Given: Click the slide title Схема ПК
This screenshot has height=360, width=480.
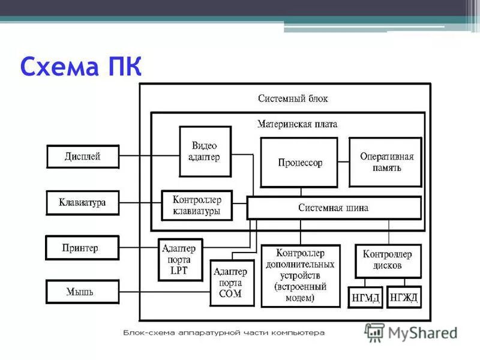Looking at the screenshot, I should click(80, 65).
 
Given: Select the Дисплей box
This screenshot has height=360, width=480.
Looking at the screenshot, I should click(83, 157).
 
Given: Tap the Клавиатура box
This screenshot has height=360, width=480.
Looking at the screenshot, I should click(83, 202).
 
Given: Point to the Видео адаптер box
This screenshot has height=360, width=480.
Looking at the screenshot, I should click(205, 151).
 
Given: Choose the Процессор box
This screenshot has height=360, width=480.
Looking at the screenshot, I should click(299, 163).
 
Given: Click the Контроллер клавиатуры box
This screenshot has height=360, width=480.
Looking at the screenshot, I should click(197, 205).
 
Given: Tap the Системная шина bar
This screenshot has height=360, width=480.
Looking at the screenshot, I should click(334, 208).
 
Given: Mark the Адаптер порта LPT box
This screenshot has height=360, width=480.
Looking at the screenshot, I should click(181, 260).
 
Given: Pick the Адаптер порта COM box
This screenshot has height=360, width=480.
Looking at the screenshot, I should click(232, 283).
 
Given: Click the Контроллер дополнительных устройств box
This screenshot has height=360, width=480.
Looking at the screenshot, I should click(301, 275).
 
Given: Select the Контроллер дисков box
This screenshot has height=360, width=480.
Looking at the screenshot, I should click(388, 260).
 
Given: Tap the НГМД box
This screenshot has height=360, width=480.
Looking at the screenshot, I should click(365, 298).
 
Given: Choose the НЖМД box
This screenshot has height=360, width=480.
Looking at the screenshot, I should click(404, 298).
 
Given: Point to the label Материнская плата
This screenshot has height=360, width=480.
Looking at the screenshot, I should click(297, 124).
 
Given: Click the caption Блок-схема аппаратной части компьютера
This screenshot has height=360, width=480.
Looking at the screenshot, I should click(224, 332).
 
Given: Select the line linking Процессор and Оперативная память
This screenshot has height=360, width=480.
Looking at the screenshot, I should click(343, 161).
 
